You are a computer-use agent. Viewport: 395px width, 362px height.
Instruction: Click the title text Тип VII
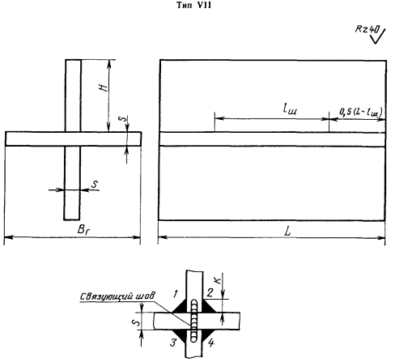coord(193,5)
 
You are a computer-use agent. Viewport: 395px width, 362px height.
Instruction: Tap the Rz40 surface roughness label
coord(367,29)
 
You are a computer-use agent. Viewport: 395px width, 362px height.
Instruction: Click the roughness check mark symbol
coord(379,36)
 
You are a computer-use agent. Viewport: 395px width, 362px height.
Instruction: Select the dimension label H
coord(104,87)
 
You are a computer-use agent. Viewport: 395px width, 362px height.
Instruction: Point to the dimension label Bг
coord(83,230)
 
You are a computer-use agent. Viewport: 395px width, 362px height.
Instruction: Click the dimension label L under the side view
coord(288,231)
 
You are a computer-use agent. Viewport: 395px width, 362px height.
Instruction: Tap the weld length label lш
coord(290,109)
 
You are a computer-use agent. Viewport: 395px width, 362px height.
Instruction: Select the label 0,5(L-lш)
coord(361,113)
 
